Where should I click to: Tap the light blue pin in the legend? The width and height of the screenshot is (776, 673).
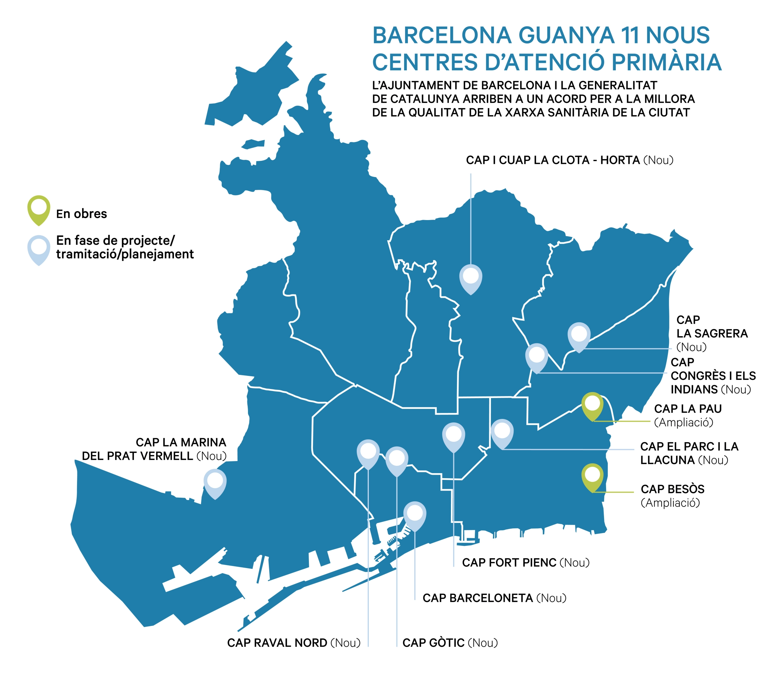point(39,248)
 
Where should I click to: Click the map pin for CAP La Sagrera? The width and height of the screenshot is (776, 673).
point(579,335)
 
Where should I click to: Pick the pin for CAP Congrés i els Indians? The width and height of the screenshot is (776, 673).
point(536,356)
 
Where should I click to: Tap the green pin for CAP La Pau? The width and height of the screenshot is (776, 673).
point(592,405)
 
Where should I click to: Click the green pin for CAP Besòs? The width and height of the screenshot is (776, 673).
point(592,476)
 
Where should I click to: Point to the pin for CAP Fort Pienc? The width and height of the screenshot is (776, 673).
point(453,436)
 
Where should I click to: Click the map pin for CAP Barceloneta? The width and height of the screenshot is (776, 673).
point(415,514)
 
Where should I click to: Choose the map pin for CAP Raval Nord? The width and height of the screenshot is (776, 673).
point(368,452)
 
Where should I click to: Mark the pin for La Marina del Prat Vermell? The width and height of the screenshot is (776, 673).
point(215,482)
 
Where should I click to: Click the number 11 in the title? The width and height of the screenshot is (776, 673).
point(630,35)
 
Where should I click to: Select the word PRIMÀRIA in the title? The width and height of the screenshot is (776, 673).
point(666,62)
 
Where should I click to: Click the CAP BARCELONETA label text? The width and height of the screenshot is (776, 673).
point(478,598)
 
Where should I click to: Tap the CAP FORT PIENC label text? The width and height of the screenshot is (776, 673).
point(509,563)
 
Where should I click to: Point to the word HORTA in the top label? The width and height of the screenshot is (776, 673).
point(620,161)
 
